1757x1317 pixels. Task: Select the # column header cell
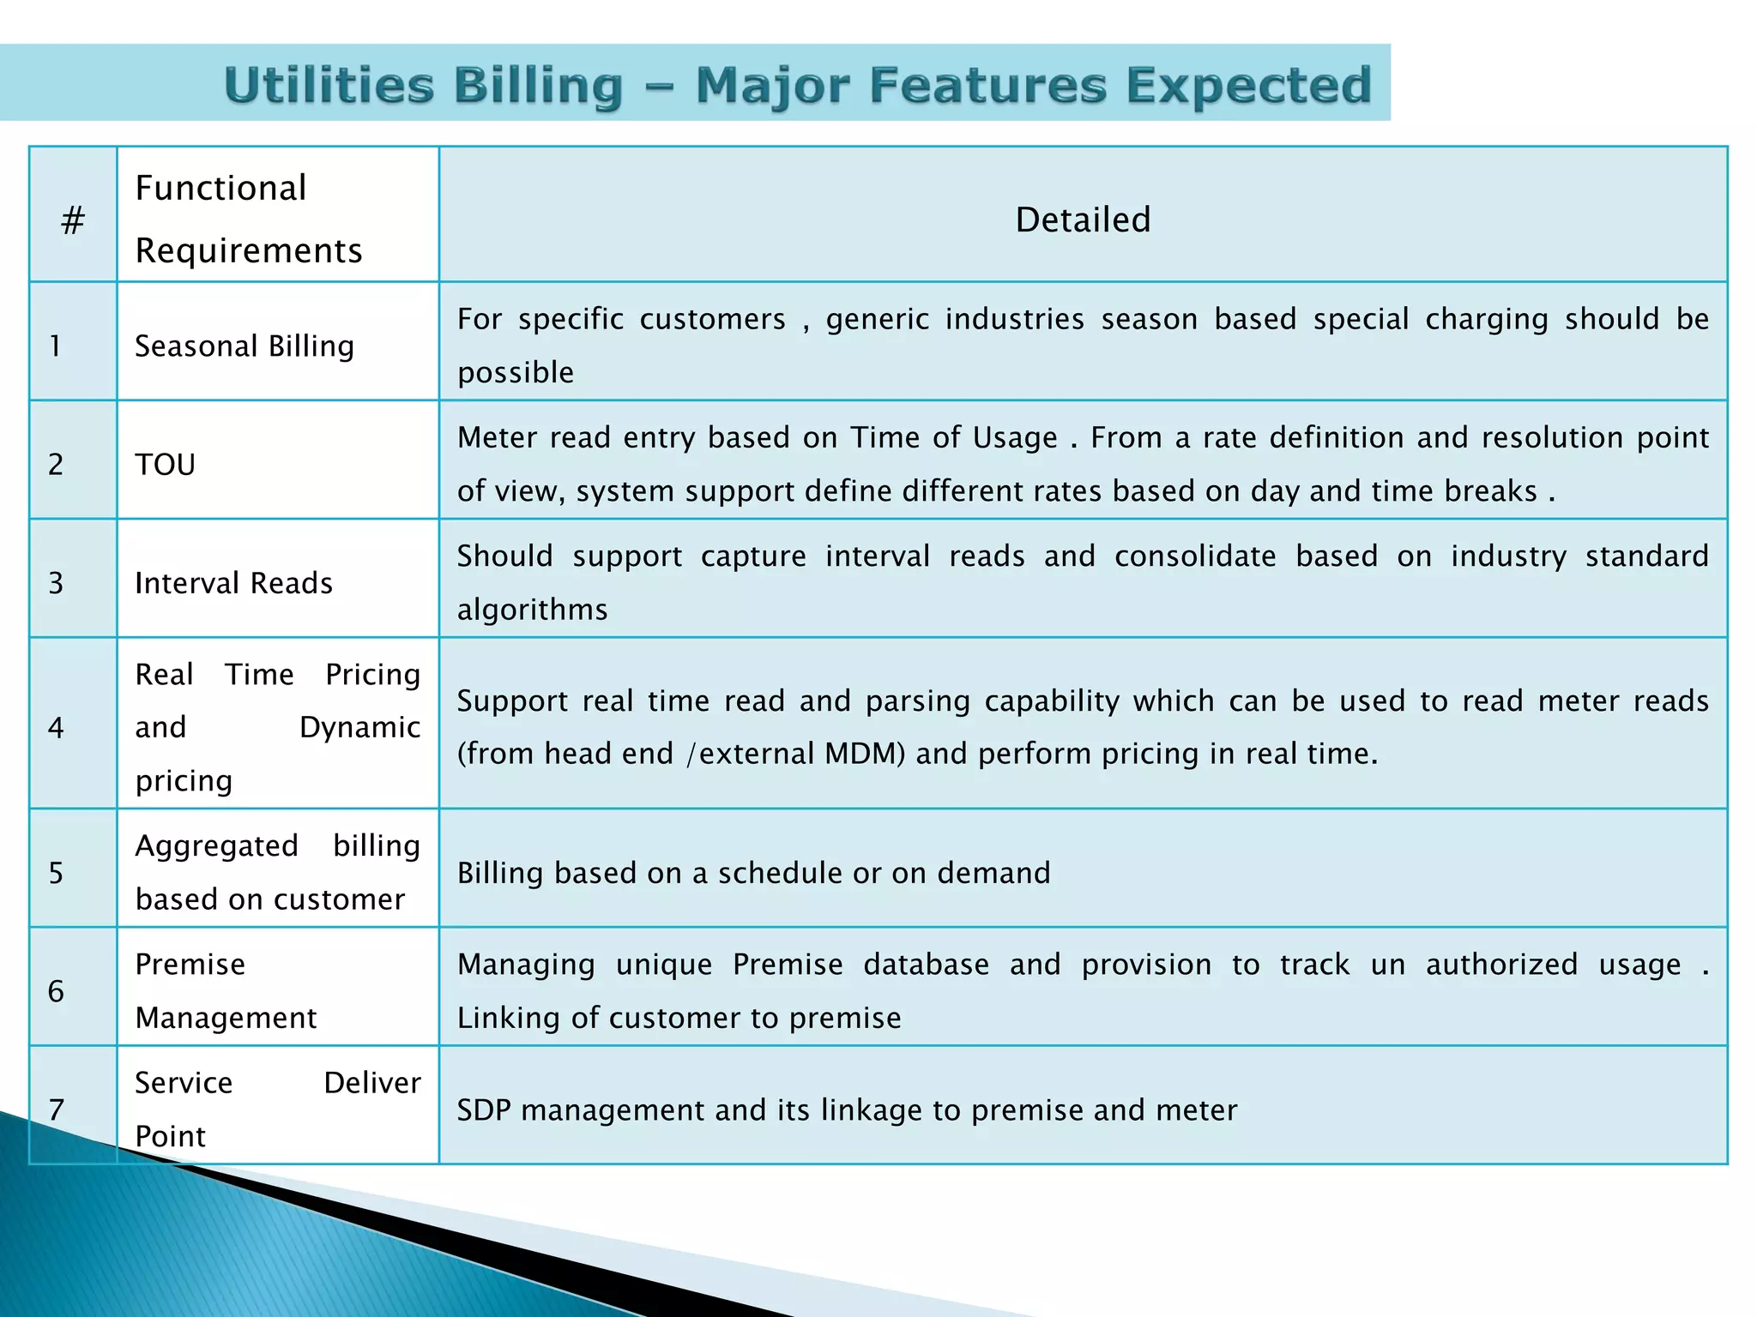coord(73,220)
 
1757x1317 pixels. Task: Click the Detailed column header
coord(1082,220)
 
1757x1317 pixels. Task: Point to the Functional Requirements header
coord(248,219)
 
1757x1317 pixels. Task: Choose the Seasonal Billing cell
coord(245,346)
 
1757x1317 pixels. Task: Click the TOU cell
coord(166,465)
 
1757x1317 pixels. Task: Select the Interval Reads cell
coord(233,583)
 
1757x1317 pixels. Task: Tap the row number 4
coord(56,728)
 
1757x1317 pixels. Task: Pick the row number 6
coord(56,991)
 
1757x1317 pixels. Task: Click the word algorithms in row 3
coord(532,610)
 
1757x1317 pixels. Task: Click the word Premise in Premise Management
coord(190,965)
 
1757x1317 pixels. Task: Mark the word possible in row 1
coord(515,373)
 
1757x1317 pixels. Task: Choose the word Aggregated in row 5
coord(217,846)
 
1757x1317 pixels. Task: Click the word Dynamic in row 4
coord(359,727)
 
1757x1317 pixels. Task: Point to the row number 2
coord(56,465)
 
